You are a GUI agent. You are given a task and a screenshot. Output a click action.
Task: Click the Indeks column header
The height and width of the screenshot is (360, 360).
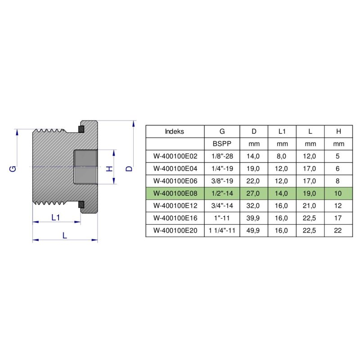coord(175,131)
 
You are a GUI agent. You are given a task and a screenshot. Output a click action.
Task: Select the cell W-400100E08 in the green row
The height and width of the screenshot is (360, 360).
coord(175,193)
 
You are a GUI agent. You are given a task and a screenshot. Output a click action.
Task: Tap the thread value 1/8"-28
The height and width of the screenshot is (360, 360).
coord(222,156)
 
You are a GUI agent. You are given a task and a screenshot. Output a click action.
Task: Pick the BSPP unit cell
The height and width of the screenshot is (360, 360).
coord(222,144)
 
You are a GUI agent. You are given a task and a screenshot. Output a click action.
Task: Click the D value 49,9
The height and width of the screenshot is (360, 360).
coord(254,231)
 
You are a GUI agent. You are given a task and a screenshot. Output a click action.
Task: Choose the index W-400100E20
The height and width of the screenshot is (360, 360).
coord(175,231)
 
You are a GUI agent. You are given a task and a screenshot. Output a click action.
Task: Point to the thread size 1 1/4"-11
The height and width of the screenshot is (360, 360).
coord(222,231)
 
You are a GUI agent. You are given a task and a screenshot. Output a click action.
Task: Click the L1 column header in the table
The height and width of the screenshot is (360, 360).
coord(282,131)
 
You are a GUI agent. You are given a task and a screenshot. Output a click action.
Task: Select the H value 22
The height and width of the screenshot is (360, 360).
coord(338,231)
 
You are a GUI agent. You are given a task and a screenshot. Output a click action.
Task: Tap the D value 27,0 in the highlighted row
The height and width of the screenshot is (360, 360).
coord(254,193)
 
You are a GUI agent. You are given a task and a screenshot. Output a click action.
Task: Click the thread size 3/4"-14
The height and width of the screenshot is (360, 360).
coord(222,206)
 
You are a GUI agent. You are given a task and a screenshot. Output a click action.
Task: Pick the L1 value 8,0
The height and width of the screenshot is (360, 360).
coord(282,156)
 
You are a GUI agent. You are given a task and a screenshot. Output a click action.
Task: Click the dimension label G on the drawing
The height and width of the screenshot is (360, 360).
coord(13,168)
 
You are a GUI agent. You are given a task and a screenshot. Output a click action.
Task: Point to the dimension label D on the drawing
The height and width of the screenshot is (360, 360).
coord(129,168)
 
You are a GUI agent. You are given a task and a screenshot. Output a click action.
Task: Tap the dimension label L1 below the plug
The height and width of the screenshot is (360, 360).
coord(56,217)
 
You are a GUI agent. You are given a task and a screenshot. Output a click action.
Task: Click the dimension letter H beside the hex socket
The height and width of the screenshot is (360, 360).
coord(108,168)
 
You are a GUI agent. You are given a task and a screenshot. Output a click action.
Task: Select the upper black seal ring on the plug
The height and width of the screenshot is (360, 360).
coord(81,130)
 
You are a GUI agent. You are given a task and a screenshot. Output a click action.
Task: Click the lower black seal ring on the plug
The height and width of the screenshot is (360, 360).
coord(81,205)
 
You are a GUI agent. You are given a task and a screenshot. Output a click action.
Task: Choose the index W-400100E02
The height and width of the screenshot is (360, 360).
coord(175,156)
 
